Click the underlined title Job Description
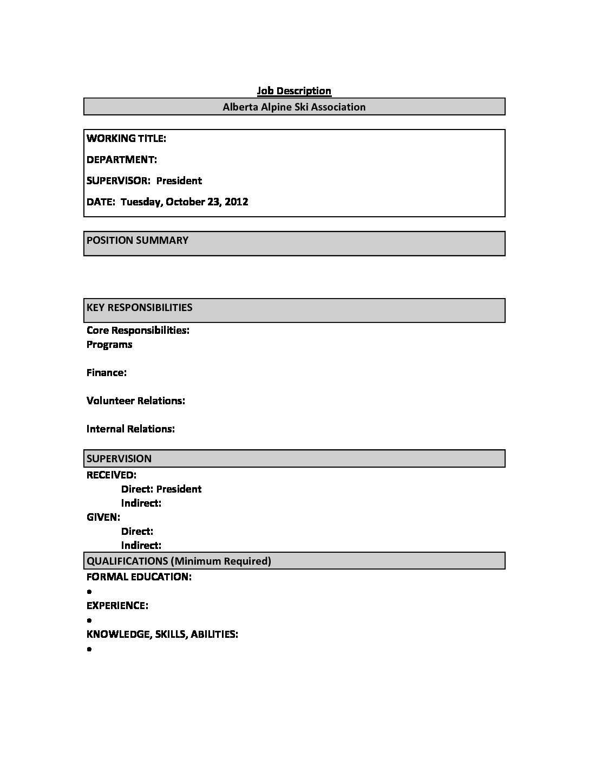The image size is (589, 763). click(294, 90)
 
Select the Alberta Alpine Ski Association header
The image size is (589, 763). click(294, 107)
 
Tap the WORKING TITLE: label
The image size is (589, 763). click(126, 138)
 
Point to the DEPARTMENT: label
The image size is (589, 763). click(122, 159)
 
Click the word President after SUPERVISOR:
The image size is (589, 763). click(179, 180)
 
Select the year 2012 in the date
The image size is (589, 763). click(236, 202)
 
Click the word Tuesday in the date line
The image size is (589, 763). click(141, 202)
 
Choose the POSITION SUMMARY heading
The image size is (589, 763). click(138, 240)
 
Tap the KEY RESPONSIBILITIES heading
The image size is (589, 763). click(140, 307)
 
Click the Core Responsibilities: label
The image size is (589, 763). click(138, 330)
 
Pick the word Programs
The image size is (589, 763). click(109, 344)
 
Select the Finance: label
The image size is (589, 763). click(107, 372)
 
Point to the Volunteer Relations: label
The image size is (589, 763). click(136, 400)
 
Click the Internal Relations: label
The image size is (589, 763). click(130, 429)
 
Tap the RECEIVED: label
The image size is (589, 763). click(112, 475)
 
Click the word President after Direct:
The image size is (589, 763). click(179, 489)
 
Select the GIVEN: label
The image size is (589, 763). click(103, 517)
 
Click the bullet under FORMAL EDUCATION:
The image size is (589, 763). click(89, 592)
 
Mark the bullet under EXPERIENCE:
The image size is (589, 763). click(89, 620)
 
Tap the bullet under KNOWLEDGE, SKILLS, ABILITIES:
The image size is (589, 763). click(89, 649)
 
